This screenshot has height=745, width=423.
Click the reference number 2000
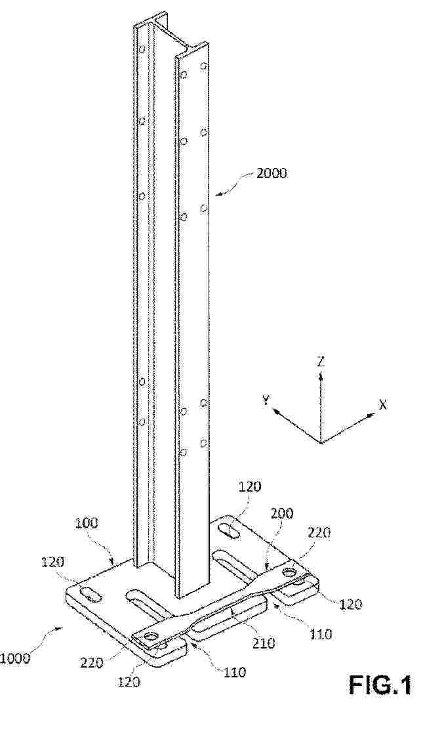click(x=272, y=173)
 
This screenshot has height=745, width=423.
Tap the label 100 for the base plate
click(x=87, y=524)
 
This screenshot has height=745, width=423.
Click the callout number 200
click(x=282, y=513)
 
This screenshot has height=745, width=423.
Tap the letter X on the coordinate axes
click(x=382, y=404)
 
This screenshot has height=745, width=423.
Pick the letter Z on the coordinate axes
click(x=321, y=362)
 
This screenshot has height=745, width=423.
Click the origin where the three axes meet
click(x=321, y=443)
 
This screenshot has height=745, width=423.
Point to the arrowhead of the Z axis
click(x=321, y=375)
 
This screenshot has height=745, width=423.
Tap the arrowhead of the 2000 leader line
click(x=218, y=194)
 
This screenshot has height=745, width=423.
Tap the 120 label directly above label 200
click(x=251, y=488)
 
